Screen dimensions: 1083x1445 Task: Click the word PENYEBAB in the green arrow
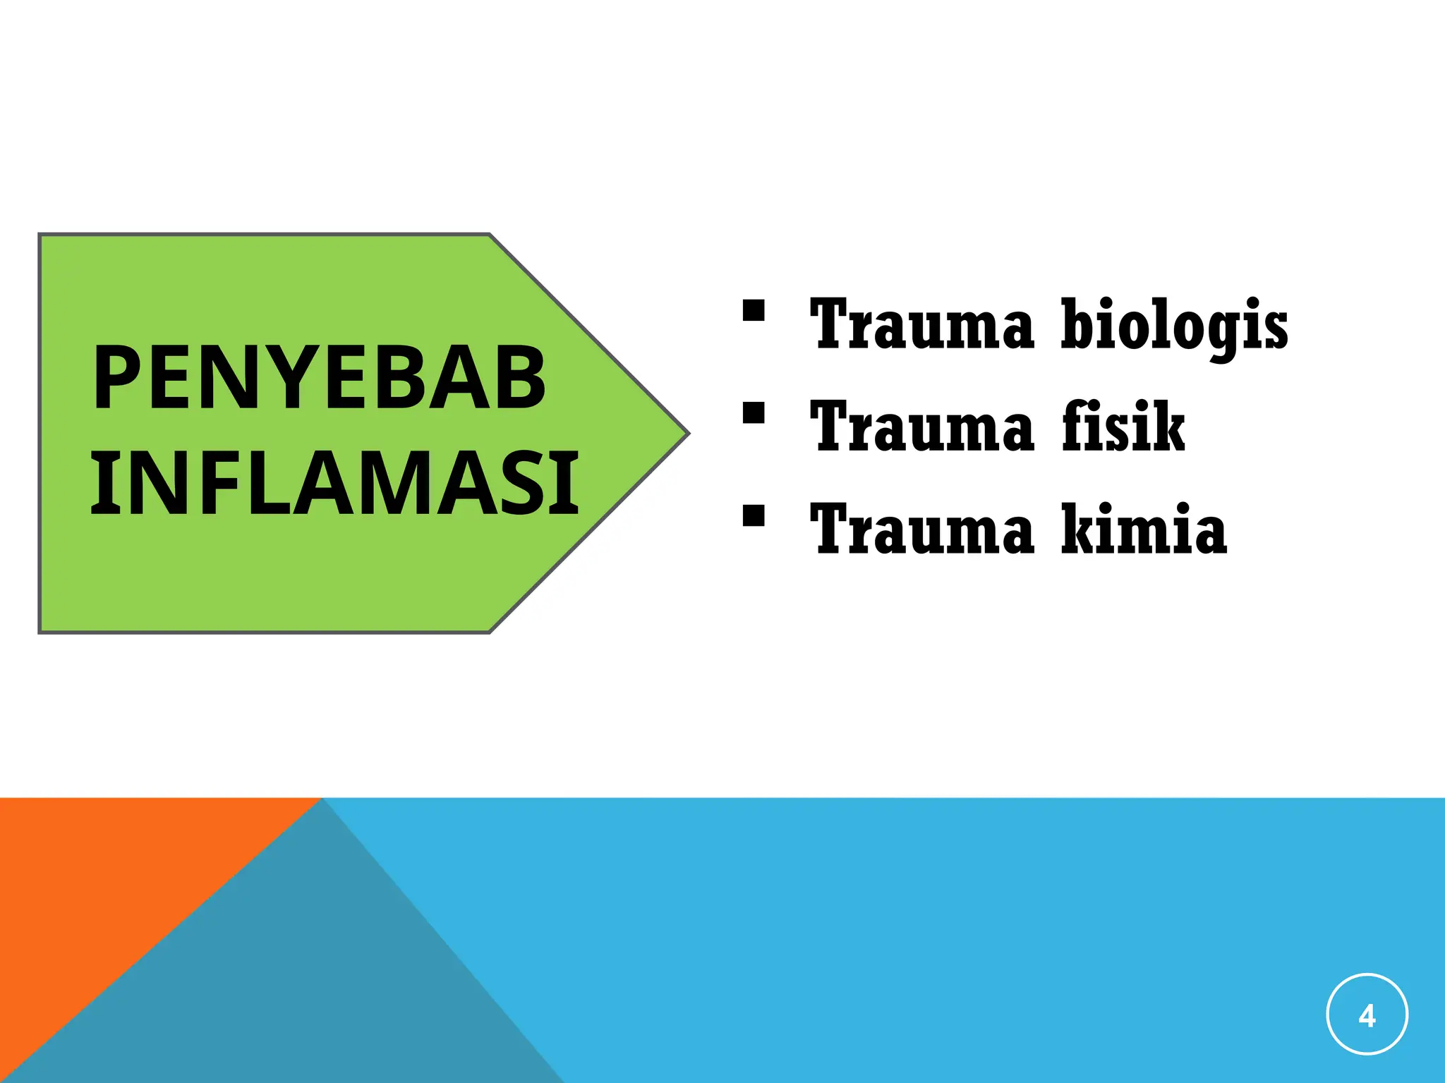pyautogui.click(x=319, y=378)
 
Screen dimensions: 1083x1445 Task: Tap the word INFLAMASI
pyautogui.click(x=334, y=485)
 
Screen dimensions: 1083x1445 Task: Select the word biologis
pyautogui.click(x=1174, y=326)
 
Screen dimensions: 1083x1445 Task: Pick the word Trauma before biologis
pyautogui.click(x=921, y=324)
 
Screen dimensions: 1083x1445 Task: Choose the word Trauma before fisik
pyautogui.click(x=921, y=427)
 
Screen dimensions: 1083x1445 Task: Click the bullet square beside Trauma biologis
pyautogui.click(x=754, y=310)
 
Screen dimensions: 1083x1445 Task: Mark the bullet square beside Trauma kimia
pyautogui.click(x=754, y=515)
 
